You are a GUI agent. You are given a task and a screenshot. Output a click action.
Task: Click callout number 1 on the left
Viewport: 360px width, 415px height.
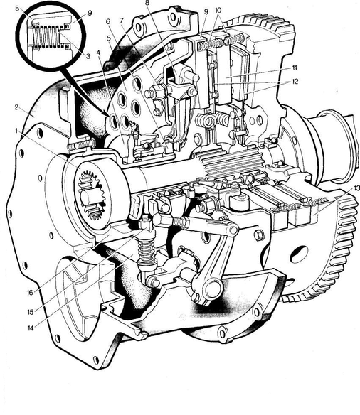(16, 131)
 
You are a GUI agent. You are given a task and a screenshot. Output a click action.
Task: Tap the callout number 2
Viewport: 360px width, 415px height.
(17, 108)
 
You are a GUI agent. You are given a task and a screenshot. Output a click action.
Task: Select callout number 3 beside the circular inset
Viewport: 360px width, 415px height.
(88, 56)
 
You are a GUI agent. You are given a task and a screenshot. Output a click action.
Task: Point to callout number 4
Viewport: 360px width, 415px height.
(99, 53)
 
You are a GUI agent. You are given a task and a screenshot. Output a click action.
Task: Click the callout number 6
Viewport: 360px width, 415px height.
(108, 21)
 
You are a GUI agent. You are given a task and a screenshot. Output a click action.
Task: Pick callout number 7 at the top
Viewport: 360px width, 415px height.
(122, 21)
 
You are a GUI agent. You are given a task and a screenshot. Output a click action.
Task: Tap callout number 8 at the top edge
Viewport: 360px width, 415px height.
(147, 3)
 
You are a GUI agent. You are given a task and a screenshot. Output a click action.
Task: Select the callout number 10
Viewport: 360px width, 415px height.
(218, 11)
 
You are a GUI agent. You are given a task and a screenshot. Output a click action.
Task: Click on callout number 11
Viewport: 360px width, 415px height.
(295, 68)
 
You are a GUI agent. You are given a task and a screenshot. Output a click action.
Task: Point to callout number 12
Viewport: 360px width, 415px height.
(295, 81)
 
